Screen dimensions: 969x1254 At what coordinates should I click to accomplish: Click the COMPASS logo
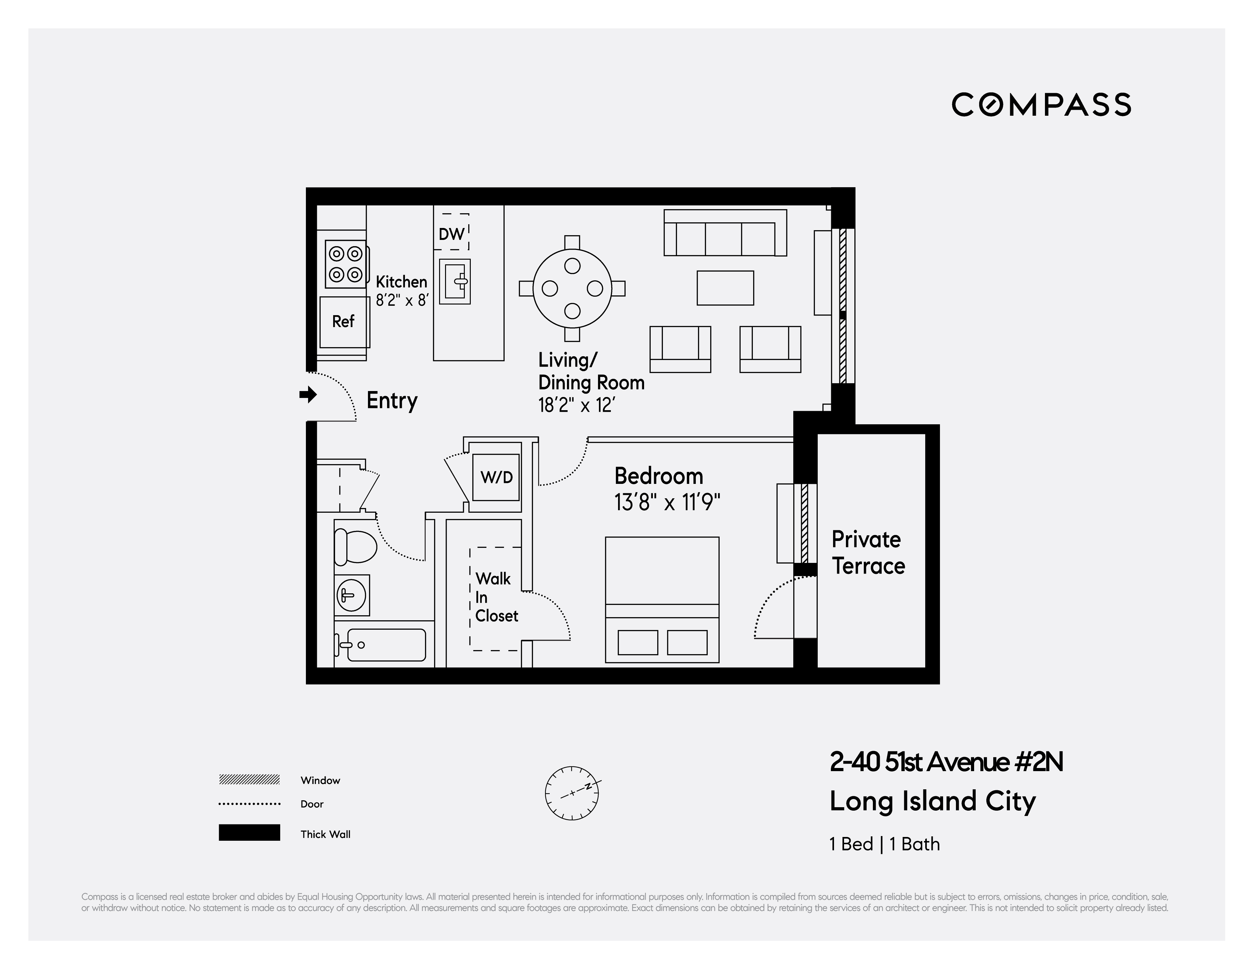pos(1041,104)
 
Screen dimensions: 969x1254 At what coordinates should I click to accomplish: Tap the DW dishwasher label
pos(451,234)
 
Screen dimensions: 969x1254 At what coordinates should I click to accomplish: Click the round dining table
pos(572,288)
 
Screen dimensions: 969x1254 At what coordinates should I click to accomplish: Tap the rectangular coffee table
pos(725,288)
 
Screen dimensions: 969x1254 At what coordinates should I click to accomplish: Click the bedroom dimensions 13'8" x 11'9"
pos(667,503)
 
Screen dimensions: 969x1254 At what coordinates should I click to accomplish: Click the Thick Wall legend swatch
pos(249,833)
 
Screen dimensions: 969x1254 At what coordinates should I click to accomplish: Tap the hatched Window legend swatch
pos(249,780)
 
